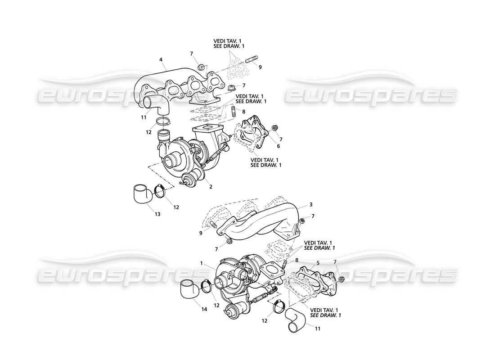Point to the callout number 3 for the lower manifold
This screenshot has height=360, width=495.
coord(310,205)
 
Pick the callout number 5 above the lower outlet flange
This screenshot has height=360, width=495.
coord(318,263)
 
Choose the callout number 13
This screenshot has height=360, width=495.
coord(157,214)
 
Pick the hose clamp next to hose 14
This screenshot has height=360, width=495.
coord(207,285)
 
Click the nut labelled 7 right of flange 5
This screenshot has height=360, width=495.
coord(341,279)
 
